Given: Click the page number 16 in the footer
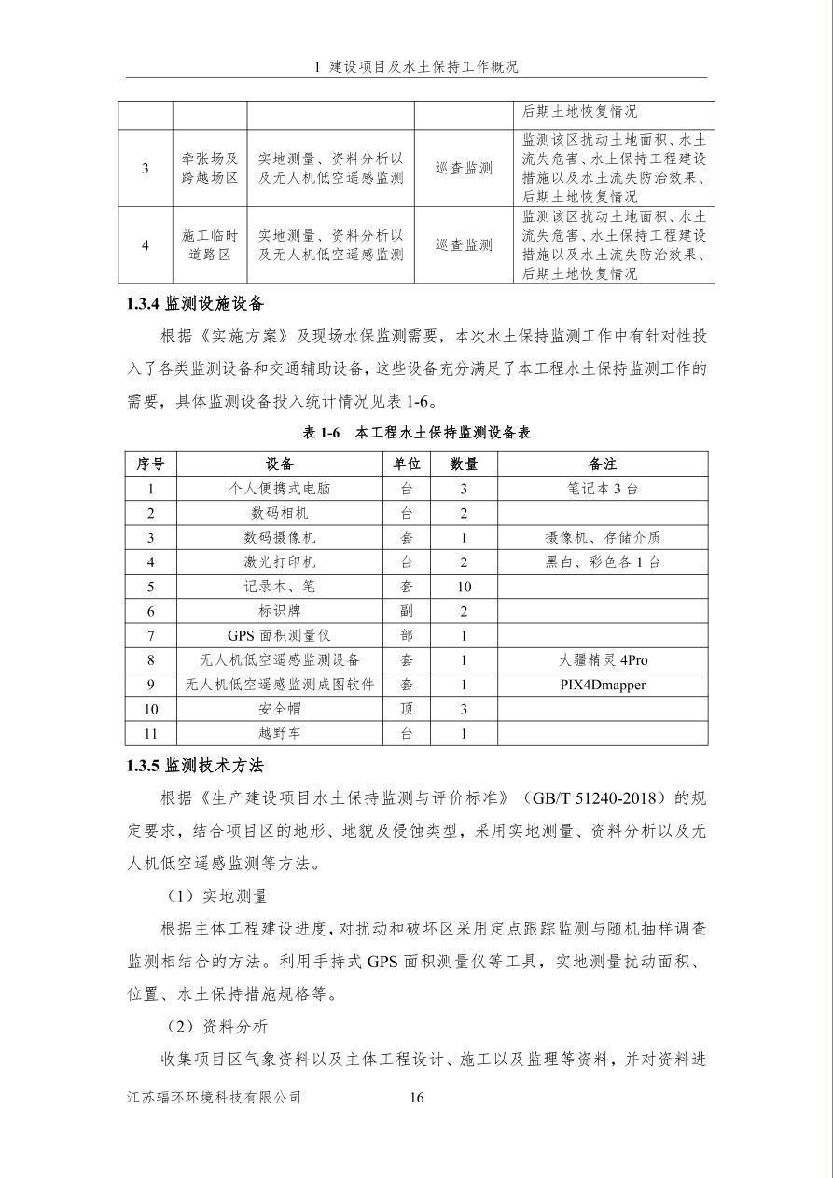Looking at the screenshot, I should (x=417, y=1098).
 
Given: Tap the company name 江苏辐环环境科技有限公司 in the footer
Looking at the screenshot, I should (x=215, y=1098).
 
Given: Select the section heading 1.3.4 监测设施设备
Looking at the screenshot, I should (x=196, y=304).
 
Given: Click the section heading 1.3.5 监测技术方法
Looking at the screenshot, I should (x=196, y=766).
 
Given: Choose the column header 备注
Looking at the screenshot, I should (x=603, y=464).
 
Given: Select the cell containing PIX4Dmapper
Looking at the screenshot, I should (x=603, y=685).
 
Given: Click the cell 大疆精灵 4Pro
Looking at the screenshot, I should (x=603, y=660).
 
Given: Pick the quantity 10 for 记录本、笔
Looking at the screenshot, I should (x=464, y=587).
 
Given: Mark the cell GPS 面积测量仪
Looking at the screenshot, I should (x=279, y=635).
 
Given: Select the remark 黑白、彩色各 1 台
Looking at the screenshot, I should (x=603, y=561).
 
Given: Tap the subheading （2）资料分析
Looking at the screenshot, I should (x=216, y=1027).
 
